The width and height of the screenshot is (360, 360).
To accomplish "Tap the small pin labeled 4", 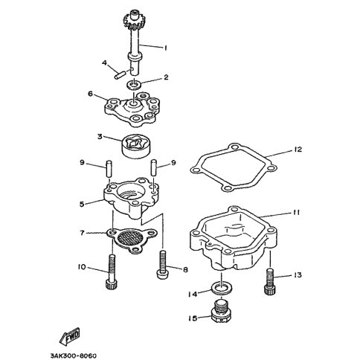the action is pyautogui.click(x=120, y=75).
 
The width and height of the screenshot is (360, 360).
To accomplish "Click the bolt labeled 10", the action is pyautogui.click(x=111, y=271).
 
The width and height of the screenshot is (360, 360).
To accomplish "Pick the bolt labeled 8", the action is pyautogui.click(x=163, y=264).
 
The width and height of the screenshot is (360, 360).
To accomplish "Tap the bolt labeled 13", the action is pyautogui.click(x=270, y=282).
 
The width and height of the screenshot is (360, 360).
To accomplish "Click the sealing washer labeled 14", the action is pyautogui.click(x=222, y=288).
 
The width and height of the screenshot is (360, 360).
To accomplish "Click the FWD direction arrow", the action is pyautogui.click(x=70, y=336).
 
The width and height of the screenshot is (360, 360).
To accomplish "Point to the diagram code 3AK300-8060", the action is pyautogui.click(x=74, y=356).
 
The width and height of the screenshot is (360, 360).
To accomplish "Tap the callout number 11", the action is pyautogui.click(x=295, y=213).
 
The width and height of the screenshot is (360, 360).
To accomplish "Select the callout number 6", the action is pyautogui.click(x=90, y=94).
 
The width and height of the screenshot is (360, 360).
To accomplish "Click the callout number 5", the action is pyautogui.click(x=82, y=204).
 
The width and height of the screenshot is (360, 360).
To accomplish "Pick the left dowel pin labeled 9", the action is pyautogui.click(x=109, y=169).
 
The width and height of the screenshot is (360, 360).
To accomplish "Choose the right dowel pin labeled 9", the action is pyautogui.click(x=154, y=168).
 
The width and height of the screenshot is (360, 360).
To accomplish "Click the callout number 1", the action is pyautogui.click(x=165, y=48).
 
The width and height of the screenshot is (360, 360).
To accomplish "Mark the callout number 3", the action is pyautogui.click(x=100, y=136).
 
